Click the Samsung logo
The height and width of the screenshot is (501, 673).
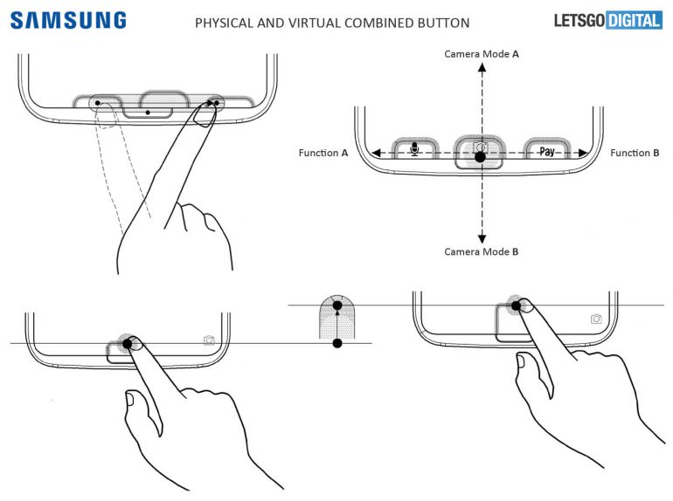click(67, 20)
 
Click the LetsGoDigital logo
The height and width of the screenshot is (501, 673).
click(607, 20)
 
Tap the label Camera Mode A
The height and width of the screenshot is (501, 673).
click(481, 54)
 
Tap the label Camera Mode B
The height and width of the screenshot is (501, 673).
click(481, 251)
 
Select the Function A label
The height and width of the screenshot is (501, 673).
click(323, 153)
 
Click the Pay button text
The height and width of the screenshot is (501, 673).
click(546, 151)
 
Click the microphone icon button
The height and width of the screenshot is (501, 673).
click(414, 150)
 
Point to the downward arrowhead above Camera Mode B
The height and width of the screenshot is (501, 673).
click(481, 238)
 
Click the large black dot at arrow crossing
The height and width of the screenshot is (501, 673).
click(480, 159)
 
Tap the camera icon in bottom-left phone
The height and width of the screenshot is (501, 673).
click(209, 340)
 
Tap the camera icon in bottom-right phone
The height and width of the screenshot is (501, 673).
click(596, 319)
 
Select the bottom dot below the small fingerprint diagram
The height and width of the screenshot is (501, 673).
click(337, 344)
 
